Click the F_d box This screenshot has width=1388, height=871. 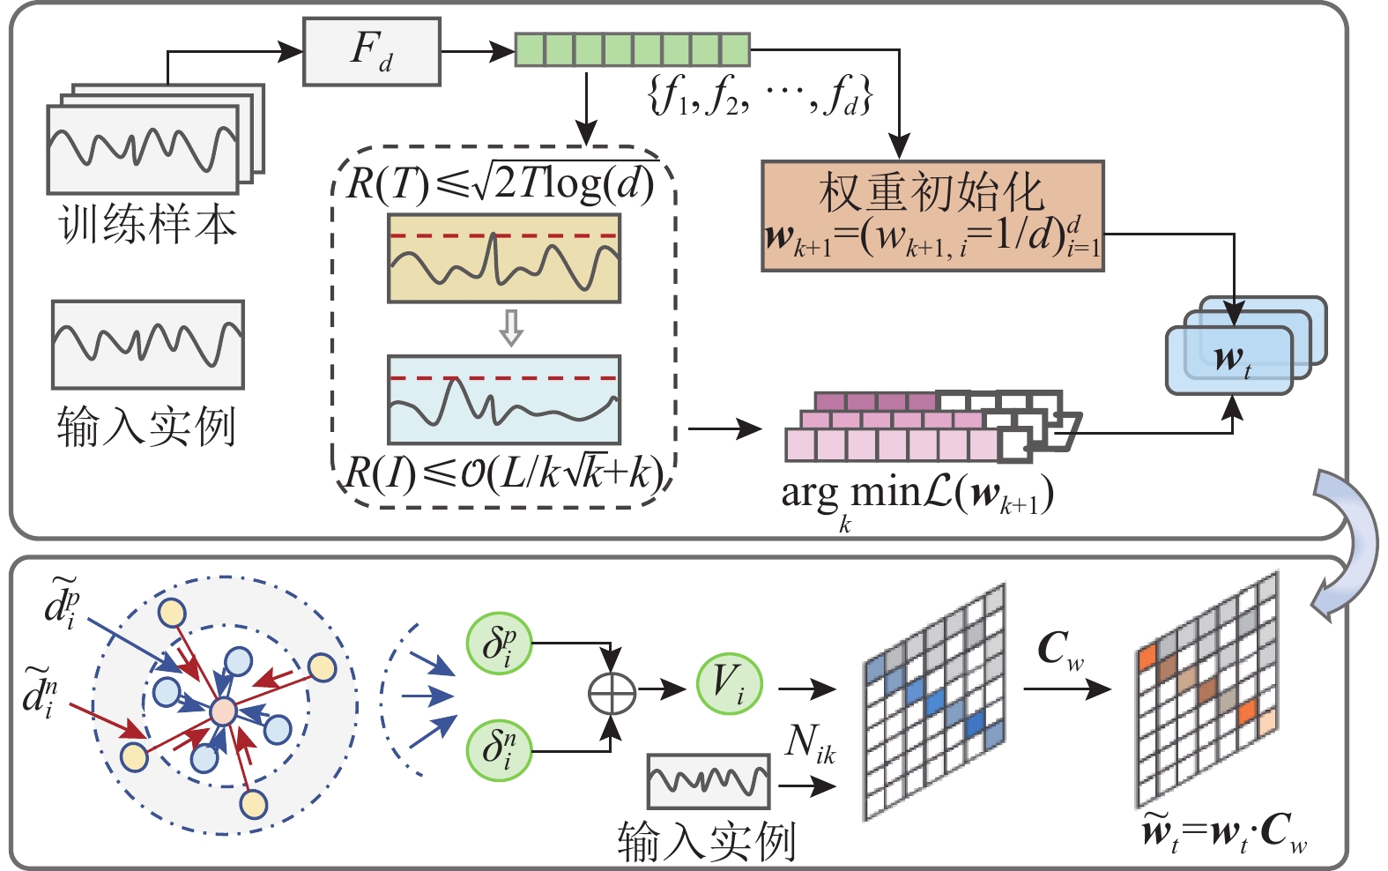click(x=371, y=52)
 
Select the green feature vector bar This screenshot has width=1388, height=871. click(x=632, y=49)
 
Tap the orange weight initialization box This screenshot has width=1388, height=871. click(x=932, y=216)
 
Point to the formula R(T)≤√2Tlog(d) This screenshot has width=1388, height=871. click(x=501, y=182)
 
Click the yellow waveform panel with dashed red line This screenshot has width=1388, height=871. click(x=504, y=258)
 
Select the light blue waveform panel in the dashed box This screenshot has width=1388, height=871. click(x=504, y=399)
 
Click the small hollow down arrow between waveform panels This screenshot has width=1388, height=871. click(x=511, y=328)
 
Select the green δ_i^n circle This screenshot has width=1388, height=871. click(x=499, y=748)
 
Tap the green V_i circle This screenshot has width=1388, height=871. click(x=729, y=683)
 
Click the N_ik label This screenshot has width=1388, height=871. click(x=809, y=745)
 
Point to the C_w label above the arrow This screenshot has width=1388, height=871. click(x=1059, y=651)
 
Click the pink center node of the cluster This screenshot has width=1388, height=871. click(x=223, y=711)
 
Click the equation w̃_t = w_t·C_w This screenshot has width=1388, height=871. click(x=1225, y=832)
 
